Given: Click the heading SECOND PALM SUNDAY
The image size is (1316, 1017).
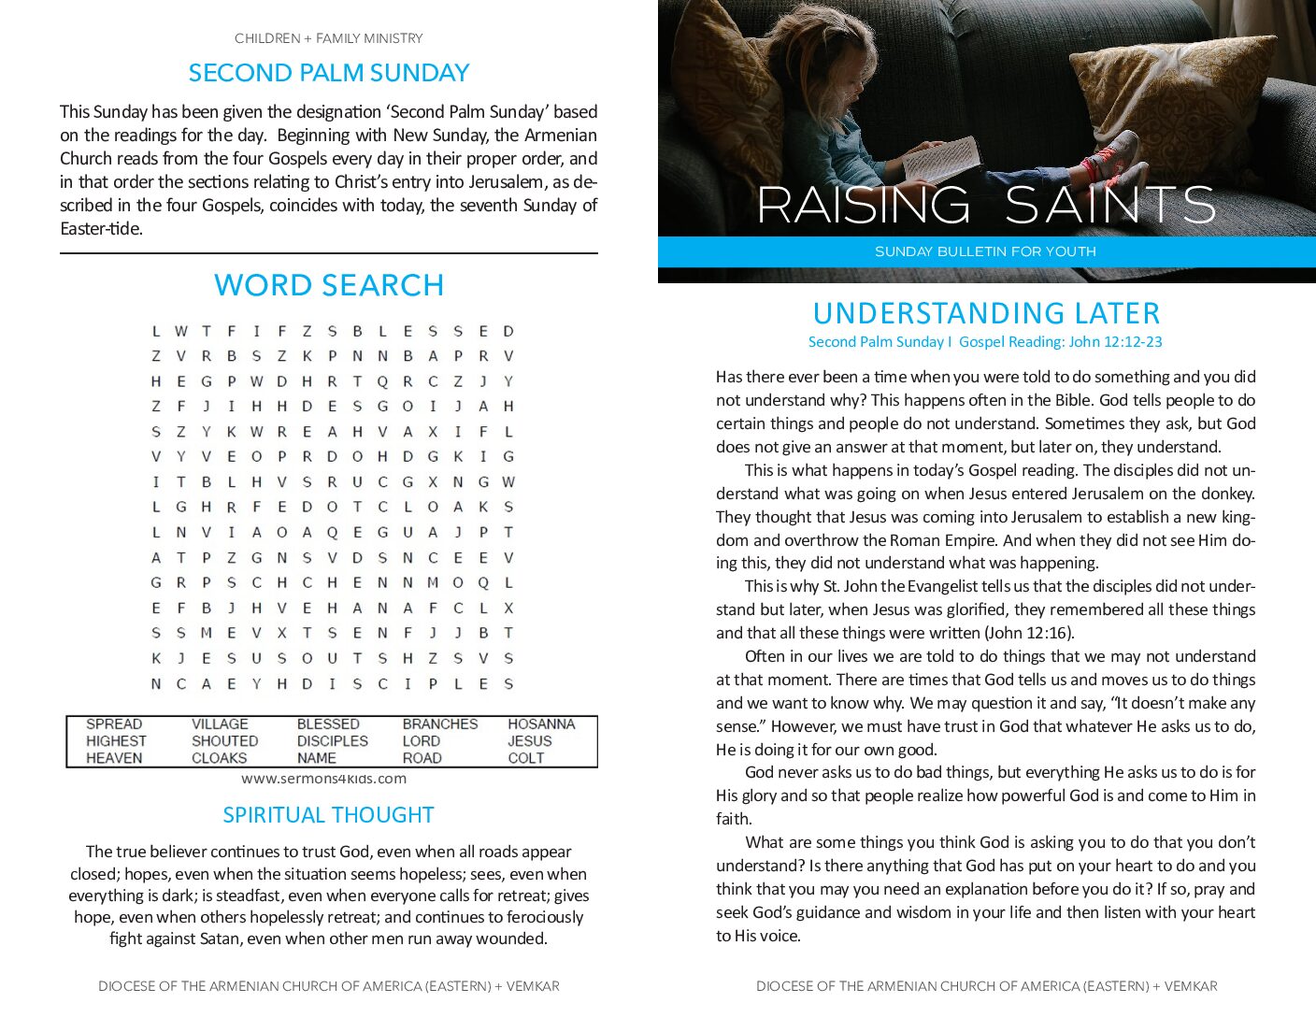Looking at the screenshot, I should coord(329,73).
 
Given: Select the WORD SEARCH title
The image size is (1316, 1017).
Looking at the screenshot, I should coord(329,285).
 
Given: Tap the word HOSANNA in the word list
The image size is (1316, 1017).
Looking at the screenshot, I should coord(541,724).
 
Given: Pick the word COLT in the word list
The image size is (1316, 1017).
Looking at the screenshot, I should coord(525,758).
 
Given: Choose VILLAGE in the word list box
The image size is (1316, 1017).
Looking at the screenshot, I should coord(220,724).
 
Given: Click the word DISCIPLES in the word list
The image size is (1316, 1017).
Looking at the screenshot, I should coord(332,741).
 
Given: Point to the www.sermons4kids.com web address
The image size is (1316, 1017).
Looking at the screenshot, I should coord(323,779).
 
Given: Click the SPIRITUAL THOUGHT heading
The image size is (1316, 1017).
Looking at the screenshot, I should coord(329,815).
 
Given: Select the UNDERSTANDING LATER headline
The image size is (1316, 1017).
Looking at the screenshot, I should coord(986,313).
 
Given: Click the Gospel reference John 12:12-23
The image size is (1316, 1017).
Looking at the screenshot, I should coord(1115,342).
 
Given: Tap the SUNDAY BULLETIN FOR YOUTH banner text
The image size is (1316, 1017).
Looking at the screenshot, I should coord(985,251).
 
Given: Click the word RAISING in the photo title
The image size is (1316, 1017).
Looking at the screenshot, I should coord(864,206).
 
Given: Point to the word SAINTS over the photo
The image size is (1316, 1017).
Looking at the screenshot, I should coord(1110,206).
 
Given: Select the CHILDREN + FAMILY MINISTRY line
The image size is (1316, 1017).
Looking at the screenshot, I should coord(329,38).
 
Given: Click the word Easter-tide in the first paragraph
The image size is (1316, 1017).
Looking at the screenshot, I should coord(101,229).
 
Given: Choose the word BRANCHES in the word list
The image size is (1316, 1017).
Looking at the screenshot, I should coord(439,724).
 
